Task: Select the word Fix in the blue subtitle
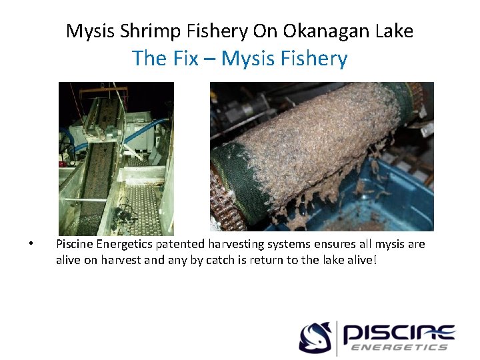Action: click(x=183, y=59)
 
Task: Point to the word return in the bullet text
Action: click(x=266, y=259)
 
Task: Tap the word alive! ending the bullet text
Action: click(x=361, y=259)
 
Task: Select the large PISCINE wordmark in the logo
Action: click(x=399, y=332)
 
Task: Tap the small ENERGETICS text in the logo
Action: click(x=399, y=347)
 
